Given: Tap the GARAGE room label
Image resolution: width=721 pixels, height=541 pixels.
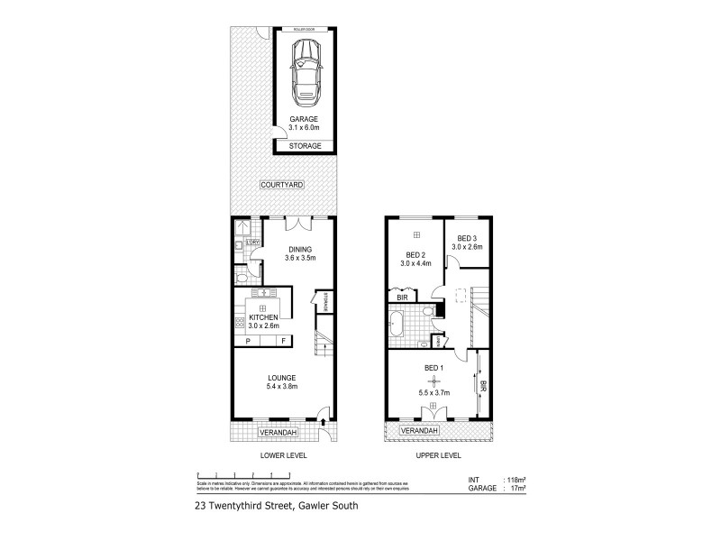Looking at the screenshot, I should coord(305,119).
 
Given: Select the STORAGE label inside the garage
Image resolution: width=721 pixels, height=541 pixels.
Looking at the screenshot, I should coord(305,145).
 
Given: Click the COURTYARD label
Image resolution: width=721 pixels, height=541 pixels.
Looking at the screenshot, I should coord(282,185).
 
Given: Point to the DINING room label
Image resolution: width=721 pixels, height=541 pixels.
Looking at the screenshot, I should coord(300,250).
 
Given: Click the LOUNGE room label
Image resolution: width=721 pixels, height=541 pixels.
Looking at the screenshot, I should coord(282,377).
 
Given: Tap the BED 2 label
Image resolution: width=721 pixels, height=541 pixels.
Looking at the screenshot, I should coord(415,254).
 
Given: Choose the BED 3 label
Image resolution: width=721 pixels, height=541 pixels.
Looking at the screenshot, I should coord(468,238).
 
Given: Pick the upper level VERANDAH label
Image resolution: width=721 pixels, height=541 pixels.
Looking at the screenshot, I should coord(419,431).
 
